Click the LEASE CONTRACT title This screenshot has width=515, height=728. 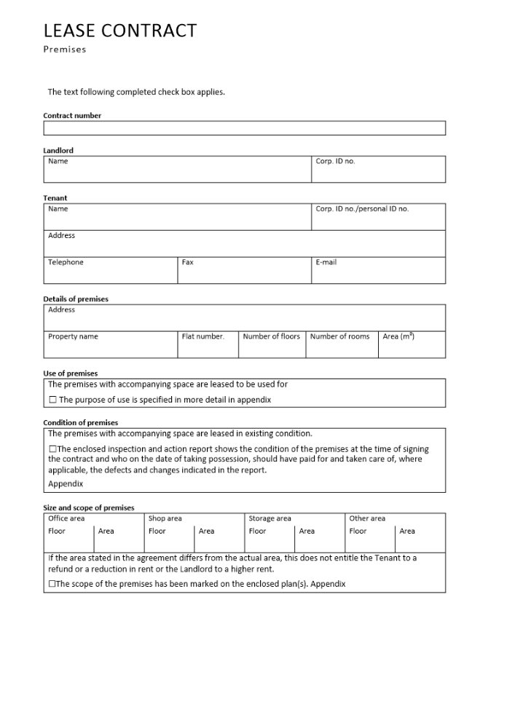coord(119,31)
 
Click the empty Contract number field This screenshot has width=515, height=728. coord(244,128)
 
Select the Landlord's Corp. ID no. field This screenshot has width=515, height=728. coord(378,170)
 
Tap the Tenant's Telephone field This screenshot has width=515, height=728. coord(110,271)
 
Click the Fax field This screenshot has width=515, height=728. coord(244,271)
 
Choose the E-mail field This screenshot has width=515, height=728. coord(378,271)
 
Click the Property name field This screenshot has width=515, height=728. coord(110,345)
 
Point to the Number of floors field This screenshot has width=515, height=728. coord(272,345)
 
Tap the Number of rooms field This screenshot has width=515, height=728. coord(342,345)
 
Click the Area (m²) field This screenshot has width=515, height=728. coord(412,345)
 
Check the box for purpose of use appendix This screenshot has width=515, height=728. coord(52,400)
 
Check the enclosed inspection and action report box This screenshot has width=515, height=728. coord(52,449)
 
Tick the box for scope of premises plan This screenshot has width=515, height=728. coord(52,584)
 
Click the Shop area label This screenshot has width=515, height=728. coord(165,518)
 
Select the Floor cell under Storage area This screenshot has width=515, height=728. coord(270,539)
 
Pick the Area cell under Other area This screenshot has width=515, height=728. coord(420,539)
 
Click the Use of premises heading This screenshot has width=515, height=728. coord(71,373)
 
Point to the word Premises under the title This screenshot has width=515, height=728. coord(65,50)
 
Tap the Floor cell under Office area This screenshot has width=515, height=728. coord(69,539)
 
